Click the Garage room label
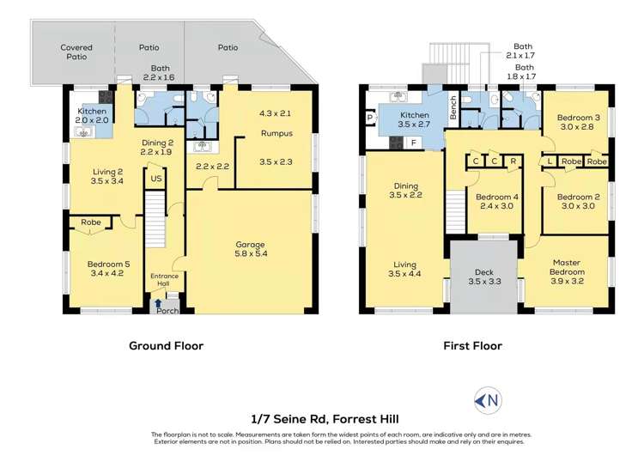[x=250, y=245]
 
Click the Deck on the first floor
[x=483, y=277]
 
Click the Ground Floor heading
[x=166, y=346]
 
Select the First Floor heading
[x=472, y=346]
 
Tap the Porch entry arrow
[x=157, y=302]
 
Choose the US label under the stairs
[x=156, y=179]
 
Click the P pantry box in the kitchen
[x=369, y=119]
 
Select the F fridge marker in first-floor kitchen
[x=414, y=143]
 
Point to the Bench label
[x=453, y=107]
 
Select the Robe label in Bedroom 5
[x=90, y=222]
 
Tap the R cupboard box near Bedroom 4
[x=513, y=161]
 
